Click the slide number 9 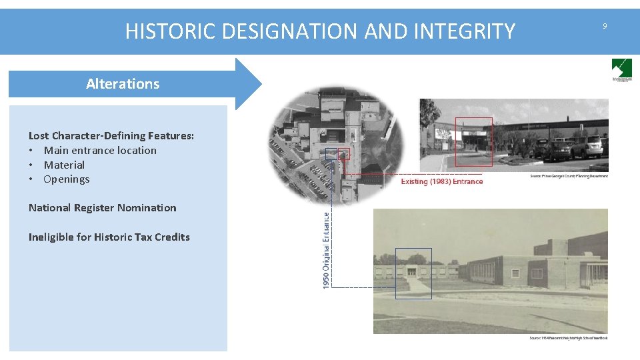pyautogui.click(x=605, y=26)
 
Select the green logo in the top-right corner pyautogui.click(x=622, y=69)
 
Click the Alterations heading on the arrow pyautogui.click(x=123, y=84)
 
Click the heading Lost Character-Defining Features pyautogui.click(x=111, y=136)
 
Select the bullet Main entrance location pyautogui.click(x=100, y=151)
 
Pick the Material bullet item pyautogui.click(x=64, y=165)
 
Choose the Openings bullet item pyautogui.click(x=67, y=179)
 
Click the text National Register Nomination pyautogui.click(x=103, y=208)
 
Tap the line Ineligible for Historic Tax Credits pyautogui.click(x=109, y=237)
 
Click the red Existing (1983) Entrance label pyautogui.click(x=441, y=181)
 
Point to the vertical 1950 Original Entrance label pyautogui.click(x=326, y=250)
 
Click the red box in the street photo pyautogui.click(x=473, y=142)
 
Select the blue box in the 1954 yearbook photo pyautogui.click(x=413, y=273)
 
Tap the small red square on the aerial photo pyautogui.click(x=344, y=154)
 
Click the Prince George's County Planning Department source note pyautogui.click(x=569, y=176)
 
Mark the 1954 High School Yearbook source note pyautogui.click(x=568, y=338)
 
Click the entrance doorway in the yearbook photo pyautogui.click(x=412, y=271)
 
